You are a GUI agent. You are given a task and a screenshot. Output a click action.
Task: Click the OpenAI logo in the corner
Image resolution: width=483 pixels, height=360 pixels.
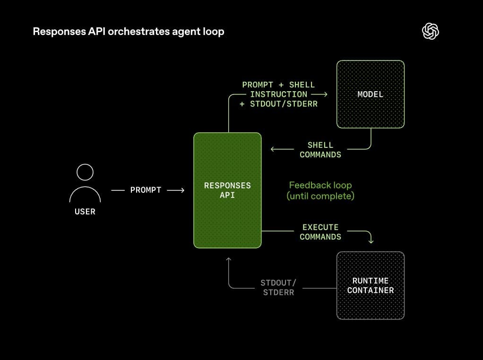pos(430,32)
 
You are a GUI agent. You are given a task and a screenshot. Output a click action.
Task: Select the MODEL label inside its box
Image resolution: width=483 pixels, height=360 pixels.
pos(370,94)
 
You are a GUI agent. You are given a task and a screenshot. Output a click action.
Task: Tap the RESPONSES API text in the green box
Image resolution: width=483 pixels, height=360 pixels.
pos(227,190)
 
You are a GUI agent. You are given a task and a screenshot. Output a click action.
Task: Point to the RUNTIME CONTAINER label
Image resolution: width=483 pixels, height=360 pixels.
pos(370,285)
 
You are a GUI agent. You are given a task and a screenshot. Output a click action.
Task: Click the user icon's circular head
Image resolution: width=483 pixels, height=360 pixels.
pos(85,172)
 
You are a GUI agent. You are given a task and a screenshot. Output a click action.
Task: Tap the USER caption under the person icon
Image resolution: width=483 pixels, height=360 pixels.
pos(85,212)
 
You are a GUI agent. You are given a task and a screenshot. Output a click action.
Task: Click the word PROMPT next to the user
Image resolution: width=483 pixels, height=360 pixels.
pos(146,190)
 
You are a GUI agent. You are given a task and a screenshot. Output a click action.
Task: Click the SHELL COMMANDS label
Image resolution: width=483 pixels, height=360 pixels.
pos(320,150)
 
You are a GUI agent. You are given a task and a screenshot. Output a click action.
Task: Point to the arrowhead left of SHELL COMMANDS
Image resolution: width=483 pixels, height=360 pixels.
pos(272,150)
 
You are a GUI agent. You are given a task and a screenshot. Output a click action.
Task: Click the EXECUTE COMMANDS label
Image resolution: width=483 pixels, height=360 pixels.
pos(320,232)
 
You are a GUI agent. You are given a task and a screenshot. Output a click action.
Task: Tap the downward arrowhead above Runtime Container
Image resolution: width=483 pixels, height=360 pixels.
pos(371,241)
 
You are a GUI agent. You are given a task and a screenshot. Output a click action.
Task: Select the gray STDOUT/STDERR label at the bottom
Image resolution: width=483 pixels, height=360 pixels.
pos(278,287)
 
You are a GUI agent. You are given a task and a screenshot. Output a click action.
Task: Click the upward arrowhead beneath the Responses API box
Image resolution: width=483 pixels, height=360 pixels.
pos(229,259)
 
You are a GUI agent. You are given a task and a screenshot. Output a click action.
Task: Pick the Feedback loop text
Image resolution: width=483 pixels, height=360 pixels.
pos(320,185)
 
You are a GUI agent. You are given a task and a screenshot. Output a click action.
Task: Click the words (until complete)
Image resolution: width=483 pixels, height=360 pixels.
pos(320,196)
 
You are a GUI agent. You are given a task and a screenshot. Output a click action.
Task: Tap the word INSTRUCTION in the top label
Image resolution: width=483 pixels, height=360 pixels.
pos(278,94)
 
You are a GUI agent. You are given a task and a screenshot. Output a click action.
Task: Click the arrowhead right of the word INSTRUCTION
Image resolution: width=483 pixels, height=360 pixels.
pos(326,94)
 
